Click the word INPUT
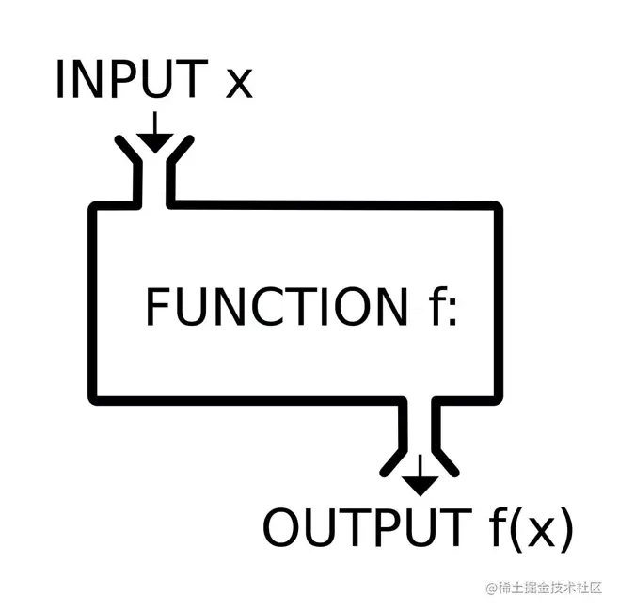tap(133, 79)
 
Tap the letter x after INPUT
tap(239, 84)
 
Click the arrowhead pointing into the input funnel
tap(155, 143)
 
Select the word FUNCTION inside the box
tap(278, 307)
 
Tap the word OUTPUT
tap(367, 527)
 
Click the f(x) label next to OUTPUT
tap(531, 528)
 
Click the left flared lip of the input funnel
tap(128, 149)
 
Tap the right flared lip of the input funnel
tap(181, 149)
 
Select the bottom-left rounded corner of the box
tap(94, 399)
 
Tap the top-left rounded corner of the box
tap(94, 207)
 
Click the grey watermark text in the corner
tap(544, 588)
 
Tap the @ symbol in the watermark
tap(491, 588)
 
